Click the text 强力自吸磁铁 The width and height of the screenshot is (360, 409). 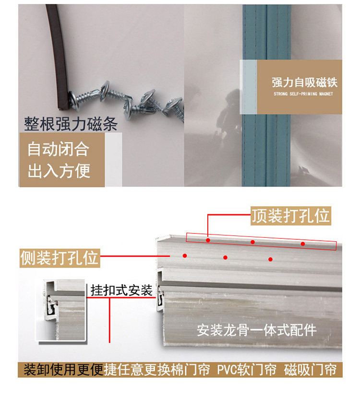304,82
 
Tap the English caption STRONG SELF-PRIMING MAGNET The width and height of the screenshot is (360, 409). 303,94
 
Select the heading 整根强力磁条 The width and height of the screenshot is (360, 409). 71,124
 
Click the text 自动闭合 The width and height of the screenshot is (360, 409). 59,149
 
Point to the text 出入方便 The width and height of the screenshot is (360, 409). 59,171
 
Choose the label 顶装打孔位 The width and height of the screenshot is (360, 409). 291,216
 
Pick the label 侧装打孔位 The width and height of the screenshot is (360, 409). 60,258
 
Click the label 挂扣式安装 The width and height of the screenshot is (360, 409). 121,290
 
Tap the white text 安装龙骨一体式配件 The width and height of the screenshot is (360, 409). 257,330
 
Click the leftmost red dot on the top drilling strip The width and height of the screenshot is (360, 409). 208,240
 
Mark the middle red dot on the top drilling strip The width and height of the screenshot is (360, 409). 252,242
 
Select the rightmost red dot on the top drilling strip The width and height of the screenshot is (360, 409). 303,244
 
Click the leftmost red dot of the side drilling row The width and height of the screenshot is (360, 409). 185,256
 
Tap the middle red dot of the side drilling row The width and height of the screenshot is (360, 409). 225,257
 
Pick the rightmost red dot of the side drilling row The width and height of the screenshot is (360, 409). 270,259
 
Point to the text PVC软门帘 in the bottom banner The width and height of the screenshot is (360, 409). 247,370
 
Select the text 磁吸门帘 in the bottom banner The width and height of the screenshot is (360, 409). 311,370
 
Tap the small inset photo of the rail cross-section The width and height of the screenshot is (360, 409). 61,310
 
